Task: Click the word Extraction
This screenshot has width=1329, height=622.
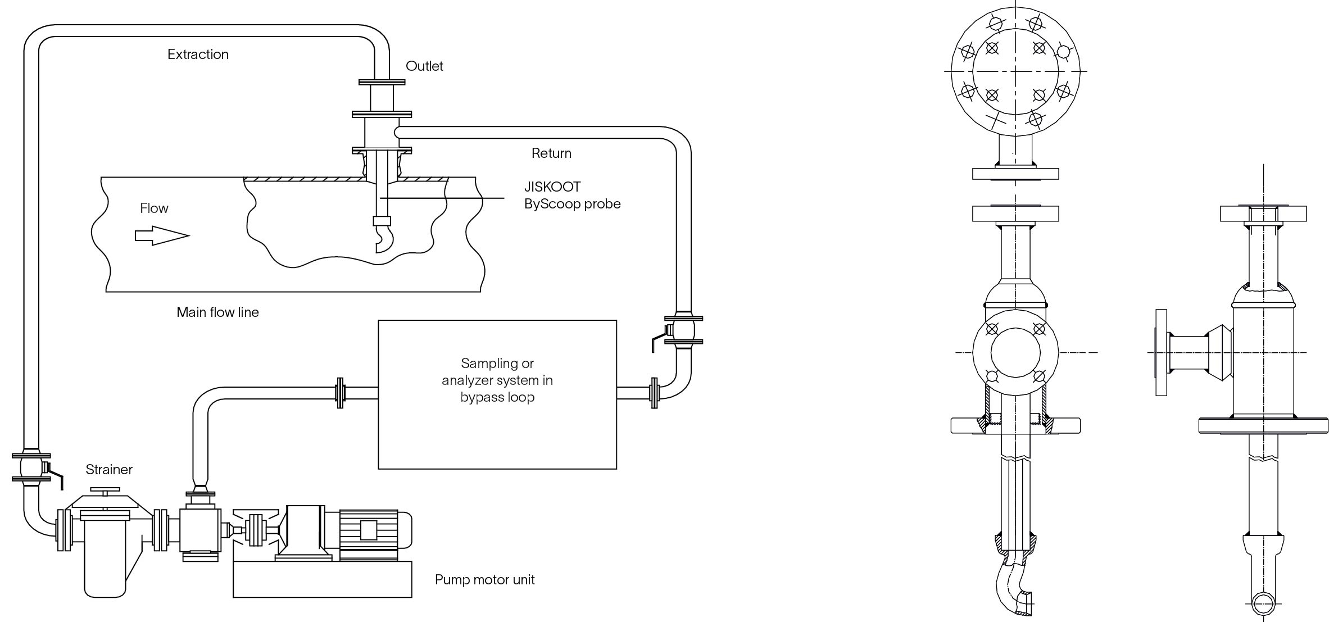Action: click(x=198, y=55)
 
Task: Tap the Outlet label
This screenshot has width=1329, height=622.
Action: click(x=424, y=66)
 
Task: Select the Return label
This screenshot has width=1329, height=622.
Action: click(x=551, y=153)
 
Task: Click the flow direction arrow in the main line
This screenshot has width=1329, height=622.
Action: click(x=162, y=235)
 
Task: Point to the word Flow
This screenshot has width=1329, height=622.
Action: click(x=154, y=208)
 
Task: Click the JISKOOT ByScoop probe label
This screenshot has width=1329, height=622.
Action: click(x=572, y=195)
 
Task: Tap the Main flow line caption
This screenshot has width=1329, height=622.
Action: click(x=217, y=312)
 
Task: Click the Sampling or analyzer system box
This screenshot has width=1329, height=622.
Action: click(x=497, y=394)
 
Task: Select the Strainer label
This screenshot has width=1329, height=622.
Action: click(x=109, y=469)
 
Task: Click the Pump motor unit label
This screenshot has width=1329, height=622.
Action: click(x=484, y=579)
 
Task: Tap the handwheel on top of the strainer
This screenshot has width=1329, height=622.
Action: click(x=106, y=491)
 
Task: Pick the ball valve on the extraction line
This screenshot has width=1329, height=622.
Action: click(x=33, y=467)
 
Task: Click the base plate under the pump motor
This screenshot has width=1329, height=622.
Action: click(x=322, y=579)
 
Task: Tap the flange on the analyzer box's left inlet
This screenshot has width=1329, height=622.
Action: click(x=339, y=393)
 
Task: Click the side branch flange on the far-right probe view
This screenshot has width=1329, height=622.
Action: click(x=1161, y=352)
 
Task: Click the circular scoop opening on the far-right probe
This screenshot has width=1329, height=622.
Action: click(x=1263, y=605)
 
